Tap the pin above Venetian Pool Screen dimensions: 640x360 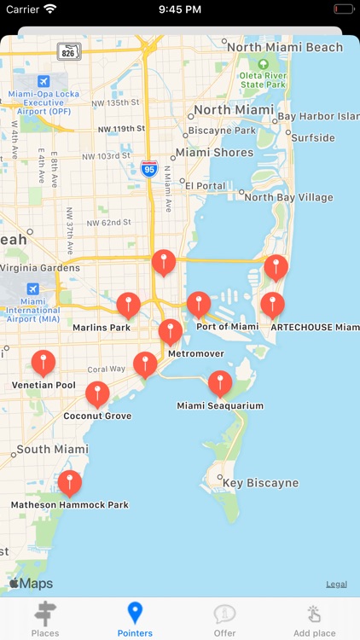44,362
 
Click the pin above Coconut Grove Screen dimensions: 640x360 98,393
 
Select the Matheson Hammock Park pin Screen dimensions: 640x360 70,483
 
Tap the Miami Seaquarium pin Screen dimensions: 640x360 220,383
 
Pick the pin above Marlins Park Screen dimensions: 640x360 128,305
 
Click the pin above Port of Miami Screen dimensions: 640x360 199,304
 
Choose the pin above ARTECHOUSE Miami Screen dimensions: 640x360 272,304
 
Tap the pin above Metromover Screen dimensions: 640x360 171,331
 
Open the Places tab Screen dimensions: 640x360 45,619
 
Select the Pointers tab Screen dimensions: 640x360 135,619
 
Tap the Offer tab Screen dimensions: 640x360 225,619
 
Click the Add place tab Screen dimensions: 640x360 315,619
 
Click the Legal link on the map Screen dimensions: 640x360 336,585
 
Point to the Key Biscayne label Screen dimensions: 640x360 260,483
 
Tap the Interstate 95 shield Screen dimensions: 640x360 149,168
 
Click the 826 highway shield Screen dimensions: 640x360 69,53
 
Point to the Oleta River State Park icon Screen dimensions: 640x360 263,64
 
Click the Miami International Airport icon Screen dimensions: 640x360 33,289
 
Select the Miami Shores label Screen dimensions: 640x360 214,153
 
